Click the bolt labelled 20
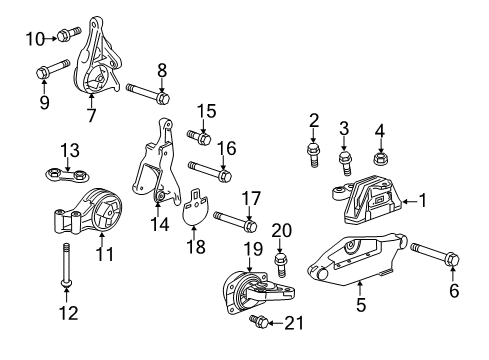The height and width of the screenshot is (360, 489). pyautogui.click(x=281, y=263)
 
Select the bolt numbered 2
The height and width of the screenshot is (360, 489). pyautogui.click(x=314, y=155)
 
